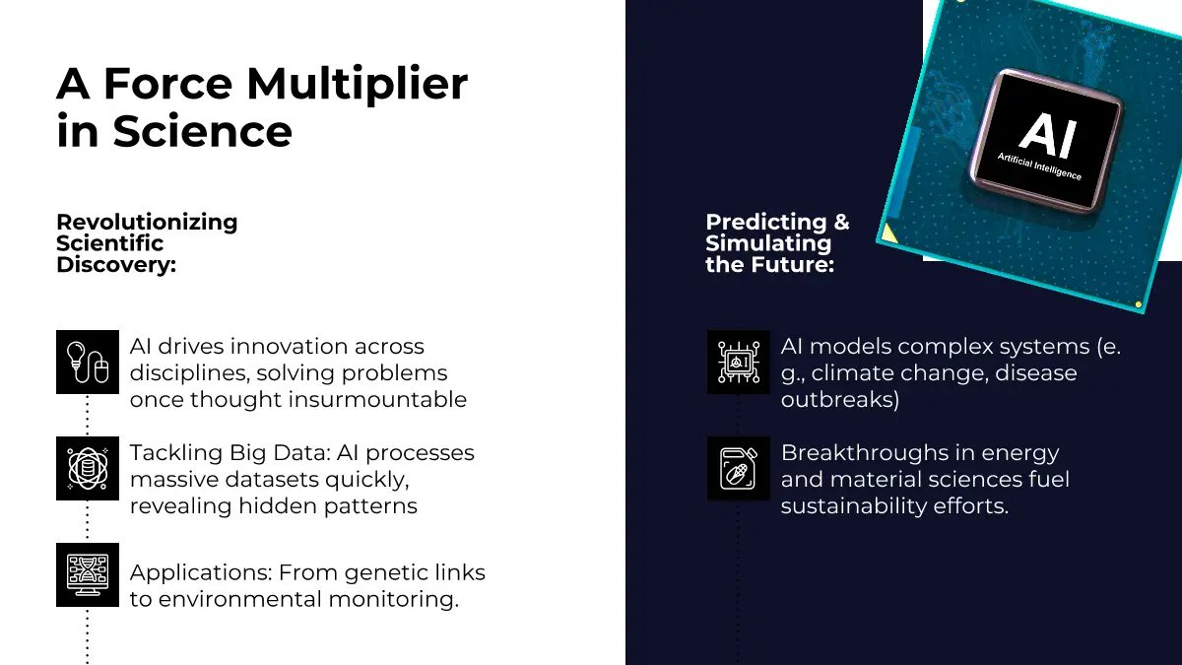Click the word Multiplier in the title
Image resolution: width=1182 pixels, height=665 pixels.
click(x=357, y=85)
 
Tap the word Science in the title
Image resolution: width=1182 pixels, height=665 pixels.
click(x=202, y=131)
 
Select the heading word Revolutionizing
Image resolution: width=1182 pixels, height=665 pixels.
click(x=147, y=223)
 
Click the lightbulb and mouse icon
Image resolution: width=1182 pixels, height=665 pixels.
click(x=88, y=363)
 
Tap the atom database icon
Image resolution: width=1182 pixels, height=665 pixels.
click(x=88, y=468)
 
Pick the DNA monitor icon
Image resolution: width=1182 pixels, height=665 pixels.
click(x=88, y=574)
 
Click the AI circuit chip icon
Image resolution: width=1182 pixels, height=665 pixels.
click(x=739, y=363)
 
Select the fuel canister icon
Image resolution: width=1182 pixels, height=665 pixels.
click(x=739, y=468)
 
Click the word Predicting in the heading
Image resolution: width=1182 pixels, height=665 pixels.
click(x=766, y=223)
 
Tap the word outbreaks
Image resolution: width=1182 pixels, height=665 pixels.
click(x=840, y=400)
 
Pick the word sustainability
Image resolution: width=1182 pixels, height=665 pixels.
click(x=853, y=506)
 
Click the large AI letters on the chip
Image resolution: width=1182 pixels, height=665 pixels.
click(x=1048, y=135)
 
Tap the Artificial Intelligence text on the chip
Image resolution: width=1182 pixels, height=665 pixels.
click(x=1039, y=166)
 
